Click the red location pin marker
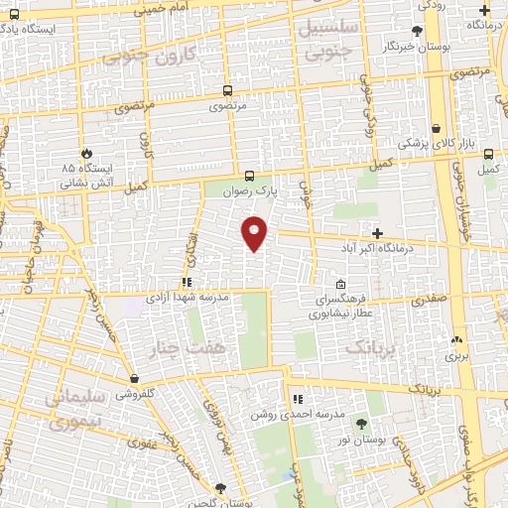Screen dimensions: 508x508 tap(255, 233)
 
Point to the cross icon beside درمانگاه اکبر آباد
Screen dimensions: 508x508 tap(377, 232)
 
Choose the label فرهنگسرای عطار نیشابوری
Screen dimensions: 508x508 tap(342, 305)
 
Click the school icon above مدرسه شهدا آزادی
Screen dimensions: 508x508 tap(187, 282)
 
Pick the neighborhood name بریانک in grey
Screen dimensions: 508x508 tap(372, 347)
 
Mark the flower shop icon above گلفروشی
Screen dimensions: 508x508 tap(133, 377)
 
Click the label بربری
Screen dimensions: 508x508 tap(455, 353)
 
